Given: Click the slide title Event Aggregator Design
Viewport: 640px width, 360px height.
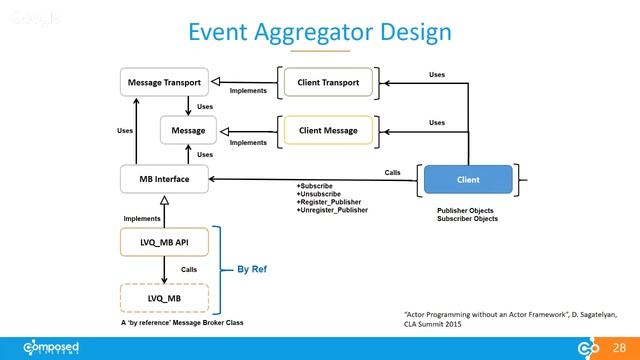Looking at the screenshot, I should tap(320, 33).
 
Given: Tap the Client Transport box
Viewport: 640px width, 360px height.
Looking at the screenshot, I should tap(329, 81).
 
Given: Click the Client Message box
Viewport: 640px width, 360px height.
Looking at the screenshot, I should tap(329, 130).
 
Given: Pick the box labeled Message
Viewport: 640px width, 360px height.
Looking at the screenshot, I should tap(188, 130).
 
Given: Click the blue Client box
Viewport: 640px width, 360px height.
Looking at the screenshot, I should tap(467, 180).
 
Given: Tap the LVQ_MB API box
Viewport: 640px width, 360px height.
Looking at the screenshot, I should tap(162, 243).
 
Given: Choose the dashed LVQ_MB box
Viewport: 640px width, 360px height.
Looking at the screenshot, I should tap(162, 298).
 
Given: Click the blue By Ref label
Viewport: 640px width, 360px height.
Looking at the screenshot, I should tap(251, 270).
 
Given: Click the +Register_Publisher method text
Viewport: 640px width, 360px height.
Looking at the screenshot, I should tap(331, 202).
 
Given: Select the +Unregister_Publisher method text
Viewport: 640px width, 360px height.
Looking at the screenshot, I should tap(334, 210).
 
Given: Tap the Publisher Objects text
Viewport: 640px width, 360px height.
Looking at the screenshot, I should tap(467, 211).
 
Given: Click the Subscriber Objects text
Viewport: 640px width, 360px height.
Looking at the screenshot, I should tap(467, 219).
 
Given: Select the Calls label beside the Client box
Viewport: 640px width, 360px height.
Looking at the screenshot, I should tap(393, 172).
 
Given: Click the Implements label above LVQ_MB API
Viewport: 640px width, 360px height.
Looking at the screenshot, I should tap(142, 218).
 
